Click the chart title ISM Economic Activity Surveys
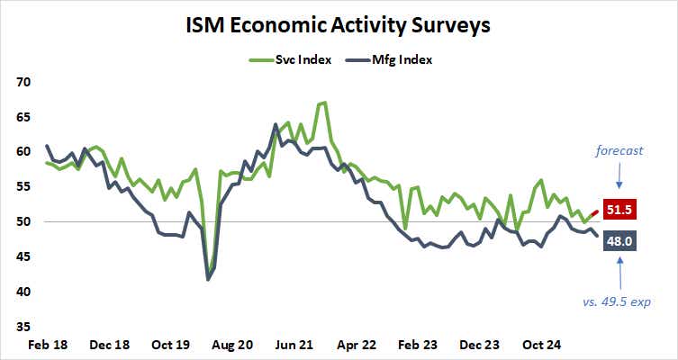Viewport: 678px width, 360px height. coord(339,24)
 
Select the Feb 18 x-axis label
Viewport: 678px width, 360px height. coord(47,345)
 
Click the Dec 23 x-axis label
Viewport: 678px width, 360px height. coord(480,345)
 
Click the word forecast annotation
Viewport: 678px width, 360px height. coord(619,151)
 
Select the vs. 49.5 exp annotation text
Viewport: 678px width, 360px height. coord(618,301)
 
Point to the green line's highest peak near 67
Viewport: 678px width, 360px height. coord(323,103)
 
